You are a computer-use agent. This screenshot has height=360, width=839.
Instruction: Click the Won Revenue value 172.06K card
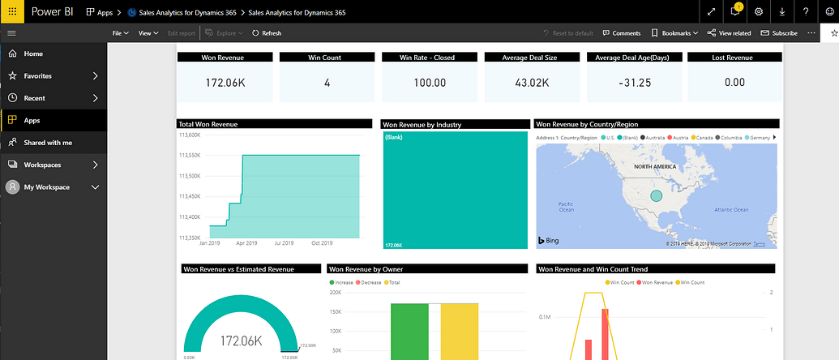(x=225, y=83)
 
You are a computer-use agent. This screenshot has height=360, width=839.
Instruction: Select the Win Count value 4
(x=327, y=83)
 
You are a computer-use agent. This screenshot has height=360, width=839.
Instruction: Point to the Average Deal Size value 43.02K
(x=532, y=83)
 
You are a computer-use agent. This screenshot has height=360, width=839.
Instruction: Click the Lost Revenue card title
(x=735, y=58)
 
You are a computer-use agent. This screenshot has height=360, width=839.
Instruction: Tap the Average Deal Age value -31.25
(x=633, y=83)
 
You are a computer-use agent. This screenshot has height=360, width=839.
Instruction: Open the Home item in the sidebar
(x=33, y=54)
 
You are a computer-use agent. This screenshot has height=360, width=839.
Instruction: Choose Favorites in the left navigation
(x=38, y=75)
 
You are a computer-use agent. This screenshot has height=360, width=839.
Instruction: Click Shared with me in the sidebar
(x=48, y=143)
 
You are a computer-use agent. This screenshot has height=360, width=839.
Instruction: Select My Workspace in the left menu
(x=46, y=187)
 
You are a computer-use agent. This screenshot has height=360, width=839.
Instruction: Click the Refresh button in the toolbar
(x=267, y=33)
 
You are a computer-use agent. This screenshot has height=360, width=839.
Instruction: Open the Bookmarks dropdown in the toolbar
(x=675, y=33)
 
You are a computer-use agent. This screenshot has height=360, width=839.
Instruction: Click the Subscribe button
(x=778, y=33)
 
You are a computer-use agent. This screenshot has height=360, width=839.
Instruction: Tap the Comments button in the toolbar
(x=622, y=33)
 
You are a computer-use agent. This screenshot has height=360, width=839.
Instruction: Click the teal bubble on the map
(x=657, y=195)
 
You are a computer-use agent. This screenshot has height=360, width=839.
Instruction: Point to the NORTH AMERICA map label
(x=655, y=166)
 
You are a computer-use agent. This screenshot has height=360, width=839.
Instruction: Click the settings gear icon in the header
(x=759, y=11)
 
